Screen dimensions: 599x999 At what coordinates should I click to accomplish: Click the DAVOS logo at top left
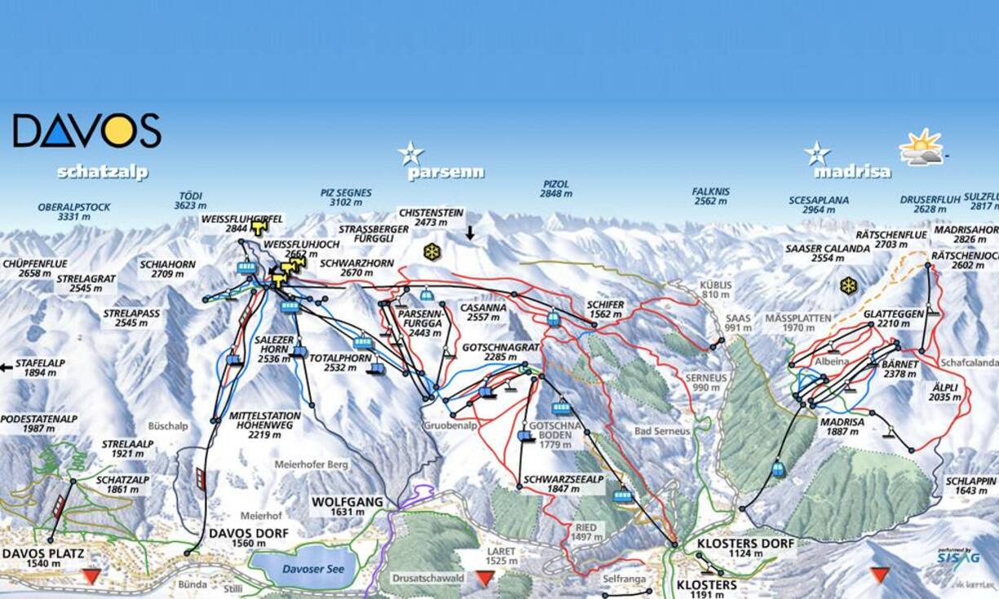[86, 130]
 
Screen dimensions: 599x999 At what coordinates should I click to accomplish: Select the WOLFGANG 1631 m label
[347, 507]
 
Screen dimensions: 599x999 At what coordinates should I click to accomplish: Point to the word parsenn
[445, 173]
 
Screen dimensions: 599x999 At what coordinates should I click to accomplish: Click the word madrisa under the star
[852, 173]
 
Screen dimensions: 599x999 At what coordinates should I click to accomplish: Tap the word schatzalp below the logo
[102, 173]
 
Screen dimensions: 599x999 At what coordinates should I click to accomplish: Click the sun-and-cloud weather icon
[921, 148]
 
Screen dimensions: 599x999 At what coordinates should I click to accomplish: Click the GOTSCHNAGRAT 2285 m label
[501, 352]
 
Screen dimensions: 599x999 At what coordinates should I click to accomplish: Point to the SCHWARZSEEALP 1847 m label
[563, 484]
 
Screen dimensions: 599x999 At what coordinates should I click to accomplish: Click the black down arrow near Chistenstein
[470, 233]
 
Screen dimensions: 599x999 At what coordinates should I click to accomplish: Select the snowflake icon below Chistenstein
[431, 252]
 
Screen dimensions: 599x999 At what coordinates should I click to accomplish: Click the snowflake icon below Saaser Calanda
[849, 285]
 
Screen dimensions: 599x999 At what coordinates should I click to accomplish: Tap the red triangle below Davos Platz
[91, 576]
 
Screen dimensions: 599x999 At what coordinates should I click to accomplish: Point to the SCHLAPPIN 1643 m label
[970, 486]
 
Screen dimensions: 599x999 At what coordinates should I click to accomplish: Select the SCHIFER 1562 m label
[604, 310]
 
